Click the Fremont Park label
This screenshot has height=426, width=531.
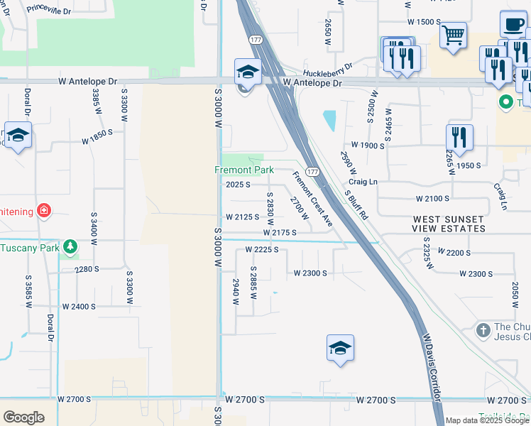[x=244, y=170]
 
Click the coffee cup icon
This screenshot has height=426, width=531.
[x=513, y=24]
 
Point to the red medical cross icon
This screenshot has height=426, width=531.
[x=43, y=211]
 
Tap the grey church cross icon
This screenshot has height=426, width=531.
[x=483, y=330]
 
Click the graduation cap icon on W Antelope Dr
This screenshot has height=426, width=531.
[x=248, y=72]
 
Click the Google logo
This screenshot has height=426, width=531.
[x=23, y=417]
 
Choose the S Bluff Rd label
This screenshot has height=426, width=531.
[x=356, y=204]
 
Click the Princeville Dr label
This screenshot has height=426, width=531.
[x=48, y=10]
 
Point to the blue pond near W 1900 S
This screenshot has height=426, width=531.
[x=329, y=120]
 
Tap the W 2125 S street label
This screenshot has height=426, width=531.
[x=242, y=217]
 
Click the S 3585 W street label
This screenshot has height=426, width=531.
[x=29, y=291]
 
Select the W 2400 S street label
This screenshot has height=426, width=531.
[x=79, y=307]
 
